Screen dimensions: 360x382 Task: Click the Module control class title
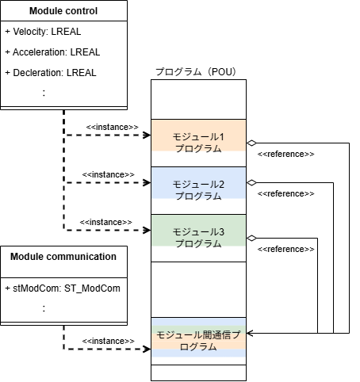[63, 11]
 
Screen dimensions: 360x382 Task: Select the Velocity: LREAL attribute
[43, 32]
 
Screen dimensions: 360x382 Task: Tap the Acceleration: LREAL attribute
[52, 52]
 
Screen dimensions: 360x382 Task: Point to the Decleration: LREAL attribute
[51, 73]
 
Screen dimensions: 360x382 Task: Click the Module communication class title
[63, 257]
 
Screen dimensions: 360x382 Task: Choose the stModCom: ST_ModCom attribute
[63, 288]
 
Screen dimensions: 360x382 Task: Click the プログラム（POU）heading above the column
[196, 71]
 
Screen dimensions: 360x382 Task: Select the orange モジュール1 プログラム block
[198, 136]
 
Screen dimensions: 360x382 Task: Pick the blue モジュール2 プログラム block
[198, 183]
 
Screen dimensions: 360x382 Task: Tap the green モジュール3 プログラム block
[198, 231]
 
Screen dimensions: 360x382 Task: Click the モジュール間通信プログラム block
[198, 338]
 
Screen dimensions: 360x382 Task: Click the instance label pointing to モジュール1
[112, 127]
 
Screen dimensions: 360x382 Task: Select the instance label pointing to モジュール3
[105, 222]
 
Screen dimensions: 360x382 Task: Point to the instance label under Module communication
[108, 341]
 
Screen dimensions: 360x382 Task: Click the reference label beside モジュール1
[285, 154]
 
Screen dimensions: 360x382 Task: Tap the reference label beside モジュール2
[285, 193]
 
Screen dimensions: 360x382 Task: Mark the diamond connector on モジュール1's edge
[251, 143]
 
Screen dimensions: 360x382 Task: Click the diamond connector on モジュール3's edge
[251, 239]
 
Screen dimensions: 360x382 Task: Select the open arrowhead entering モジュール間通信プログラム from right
[250, 333]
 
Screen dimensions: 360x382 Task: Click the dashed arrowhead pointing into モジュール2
[147, 182]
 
